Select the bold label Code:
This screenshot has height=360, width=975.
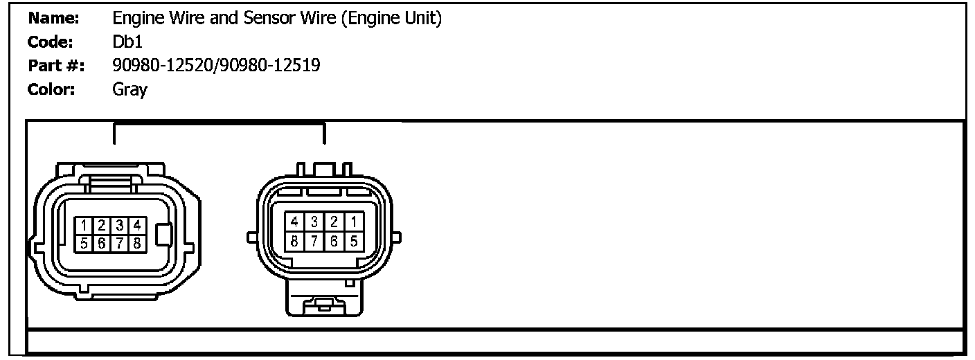pos(51,42)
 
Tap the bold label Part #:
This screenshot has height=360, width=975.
pos(56,66)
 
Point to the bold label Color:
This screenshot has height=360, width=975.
pos(51,89)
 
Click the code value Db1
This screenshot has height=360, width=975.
pos(127,42)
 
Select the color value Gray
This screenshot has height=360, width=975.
pos(129,90)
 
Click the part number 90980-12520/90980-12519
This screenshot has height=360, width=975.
pos(216,66)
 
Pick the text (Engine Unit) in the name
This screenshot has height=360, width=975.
pos(391,19)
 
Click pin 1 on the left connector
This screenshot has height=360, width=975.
pos(83,225)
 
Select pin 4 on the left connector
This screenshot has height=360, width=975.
pos(137,225)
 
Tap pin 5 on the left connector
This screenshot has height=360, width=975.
pos(83,243)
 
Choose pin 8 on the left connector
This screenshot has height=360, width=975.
pos(137,243)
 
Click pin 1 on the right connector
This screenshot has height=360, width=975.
pos(353,222)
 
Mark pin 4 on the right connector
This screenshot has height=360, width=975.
pos(295,222)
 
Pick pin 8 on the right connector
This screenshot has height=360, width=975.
pos(295,241)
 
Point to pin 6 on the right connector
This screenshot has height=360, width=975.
pos(334,241)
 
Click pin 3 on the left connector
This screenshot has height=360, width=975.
pos(119,225)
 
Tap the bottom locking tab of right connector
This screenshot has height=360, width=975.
pos(325,304)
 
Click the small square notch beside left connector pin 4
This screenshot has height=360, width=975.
pos(163,235)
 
